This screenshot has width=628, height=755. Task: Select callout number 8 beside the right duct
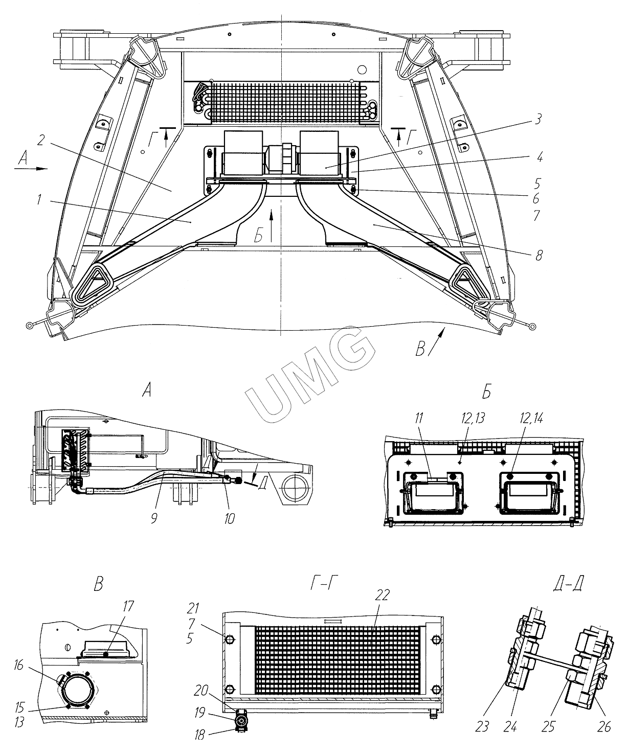[x=539, y=255]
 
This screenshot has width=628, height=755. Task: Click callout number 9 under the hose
[x=154, y=518]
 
